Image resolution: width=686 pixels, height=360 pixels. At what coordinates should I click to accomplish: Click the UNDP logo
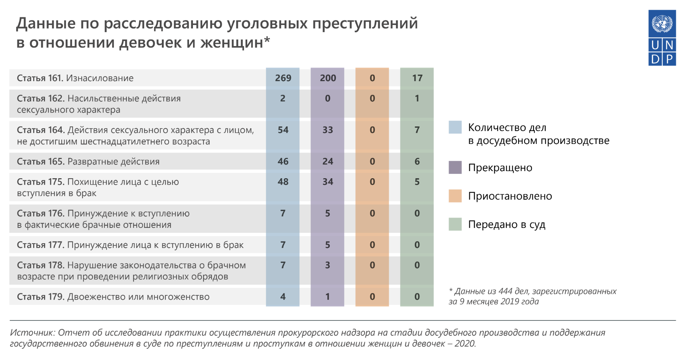click(662, 38)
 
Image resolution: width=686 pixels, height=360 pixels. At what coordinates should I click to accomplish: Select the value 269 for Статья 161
click(283, 78)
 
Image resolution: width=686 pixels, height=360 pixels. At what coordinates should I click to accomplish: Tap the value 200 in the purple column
click(328, 78)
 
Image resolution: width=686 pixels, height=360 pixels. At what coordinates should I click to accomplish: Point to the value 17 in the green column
click(417, 78)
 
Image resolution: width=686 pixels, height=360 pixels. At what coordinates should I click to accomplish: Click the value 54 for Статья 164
click(283, 130)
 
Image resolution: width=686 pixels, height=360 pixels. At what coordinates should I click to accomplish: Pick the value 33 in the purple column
click(328, 130)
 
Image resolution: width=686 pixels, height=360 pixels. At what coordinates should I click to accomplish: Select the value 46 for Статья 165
click(283, 161)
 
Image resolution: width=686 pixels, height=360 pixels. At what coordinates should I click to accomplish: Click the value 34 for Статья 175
click(328, 182)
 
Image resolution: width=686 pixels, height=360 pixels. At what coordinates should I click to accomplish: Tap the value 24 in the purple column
click(328, 161)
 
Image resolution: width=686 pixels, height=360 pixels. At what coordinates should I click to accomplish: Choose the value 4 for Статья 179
click(283, 297)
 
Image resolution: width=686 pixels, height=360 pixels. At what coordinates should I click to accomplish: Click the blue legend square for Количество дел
click(455, 127)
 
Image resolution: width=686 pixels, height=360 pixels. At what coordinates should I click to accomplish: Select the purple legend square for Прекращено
click(455, 167)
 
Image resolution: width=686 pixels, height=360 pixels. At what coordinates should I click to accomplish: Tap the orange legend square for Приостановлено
click(455, 196)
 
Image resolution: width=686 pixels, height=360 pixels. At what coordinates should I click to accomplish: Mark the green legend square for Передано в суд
click(455, 224)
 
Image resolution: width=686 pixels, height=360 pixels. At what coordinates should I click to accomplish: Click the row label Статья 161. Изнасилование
click(75, 78)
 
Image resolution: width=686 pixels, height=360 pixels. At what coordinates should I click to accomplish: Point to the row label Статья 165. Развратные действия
click(88, 162)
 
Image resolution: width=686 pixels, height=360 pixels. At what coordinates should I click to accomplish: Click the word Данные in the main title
click(46, 24)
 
